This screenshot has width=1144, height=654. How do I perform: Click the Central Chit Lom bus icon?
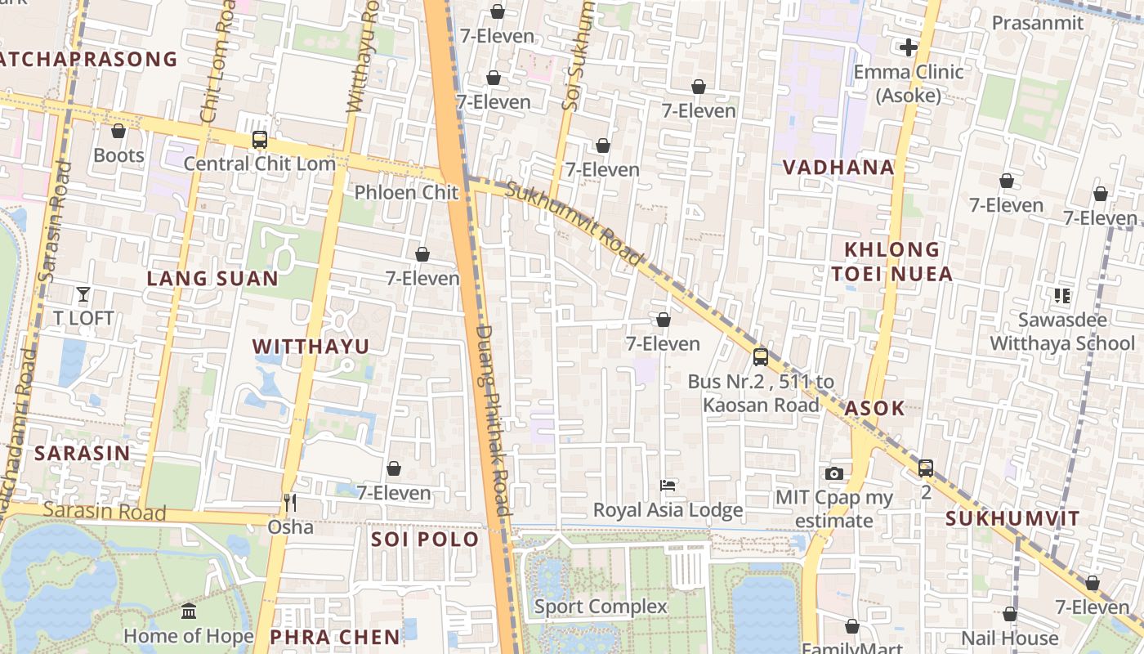[x=260, y=140]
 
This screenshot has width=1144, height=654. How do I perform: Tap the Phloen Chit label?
[x=406, y=192]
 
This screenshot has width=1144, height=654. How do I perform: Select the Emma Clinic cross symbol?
[x=908, y=47]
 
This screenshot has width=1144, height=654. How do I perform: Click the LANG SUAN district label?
[x=212, y=278]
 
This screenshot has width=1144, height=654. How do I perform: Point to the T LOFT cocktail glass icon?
[x=83, y=294]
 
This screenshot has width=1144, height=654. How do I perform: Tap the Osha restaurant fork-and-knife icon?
[x=290, y=502]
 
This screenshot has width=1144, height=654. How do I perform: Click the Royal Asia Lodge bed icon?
[x=668, y=486]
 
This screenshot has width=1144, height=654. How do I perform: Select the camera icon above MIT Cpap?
[x=834, y=473]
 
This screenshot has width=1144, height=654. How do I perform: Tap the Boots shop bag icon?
[x=118, y=131]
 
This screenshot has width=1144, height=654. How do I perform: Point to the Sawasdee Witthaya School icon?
[x=1062, y=296]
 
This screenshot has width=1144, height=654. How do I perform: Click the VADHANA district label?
[x=838, y=168]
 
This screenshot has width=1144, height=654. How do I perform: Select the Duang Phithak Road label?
[x=493, y=421]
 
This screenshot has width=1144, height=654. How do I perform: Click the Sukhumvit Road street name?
[x=574, y=224]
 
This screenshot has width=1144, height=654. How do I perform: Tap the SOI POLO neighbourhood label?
[x=425, y=540]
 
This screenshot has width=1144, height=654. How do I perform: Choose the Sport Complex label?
[x=601, y=607]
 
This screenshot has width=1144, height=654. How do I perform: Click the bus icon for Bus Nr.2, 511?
[x=761, y=357]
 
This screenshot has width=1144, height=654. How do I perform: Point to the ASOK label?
[x=875, y=408]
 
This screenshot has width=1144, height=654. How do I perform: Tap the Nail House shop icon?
[x=1010, y=614]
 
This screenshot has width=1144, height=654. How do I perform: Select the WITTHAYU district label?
[x=311, y=346]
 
